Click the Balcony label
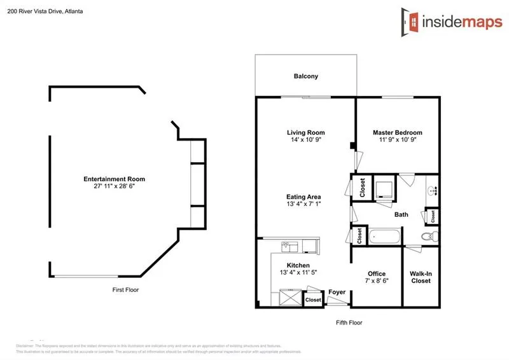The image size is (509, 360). pyautogui.click(x=305, y=76)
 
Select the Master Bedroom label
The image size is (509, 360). pyautogui.click(x=397, y=132)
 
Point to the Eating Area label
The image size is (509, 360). pyautogui.click(x=303, y=197)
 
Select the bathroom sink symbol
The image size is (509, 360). pyautogui.click(x=433, y=190)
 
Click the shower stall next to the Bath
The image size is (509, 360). pyautogui.click(x=384, y=188)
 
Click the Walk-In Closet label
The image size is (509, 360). pyautogui.click(x=421, y=277)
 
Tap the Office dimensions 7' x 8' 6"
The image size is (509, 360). pyautogui.click(x=377, y=281)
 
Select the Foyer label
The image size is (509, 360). pyautogui.click(x=337, y=293)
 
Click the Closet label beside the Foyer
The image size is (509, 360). pyautogui.click(x=313, y=300)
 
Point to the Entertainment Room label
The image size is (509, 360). pyautogui.click(x=109, y=179)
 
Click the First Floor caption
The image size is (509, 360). pyautogui.click(x=125, y=289)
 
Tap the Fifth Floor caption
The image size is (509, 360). pyautogui.click(x=349, y=322)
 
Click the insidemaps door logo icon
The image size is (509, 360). pyautogui.click(x=410, y=20)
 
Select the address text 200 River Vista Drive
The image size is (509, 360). pyautogui.click(x=45, y=11)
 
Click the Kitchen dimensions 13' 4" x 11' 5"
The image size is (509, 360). pyautogui.click(x=298, y=272)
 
